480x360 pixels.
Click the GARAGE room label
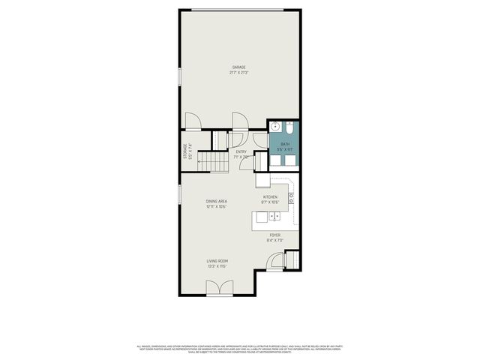pyautogui.click(x=240, y=68)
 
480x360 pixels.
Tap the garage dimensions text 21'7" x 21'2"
pyautogui.click(x=240, y=73)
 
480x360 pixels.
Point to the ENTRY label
pyautogui.click(x=241, y=152)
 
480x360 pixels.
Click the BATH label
pyautogui.click(x=285, y=145)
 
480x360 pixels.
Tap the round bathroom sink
pyautogui.click(x=275, y=126)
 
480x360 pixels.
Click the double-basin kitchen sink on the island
pyautogui.click(x=274, y=216)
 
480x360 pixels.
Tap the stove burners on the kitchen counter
pyautogui.click(x=292, y=199)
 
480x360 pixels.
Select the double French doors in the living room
pyautogui.click(x=217, y=287)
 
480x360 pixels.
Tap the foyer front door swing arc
pyautogui.click(x=277, y=260)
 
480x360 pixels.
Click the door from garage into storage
pyautogui.click(x=192, y=121)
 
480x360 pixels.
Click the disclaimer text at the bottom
pyautogui.click(x=240, y=349)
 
